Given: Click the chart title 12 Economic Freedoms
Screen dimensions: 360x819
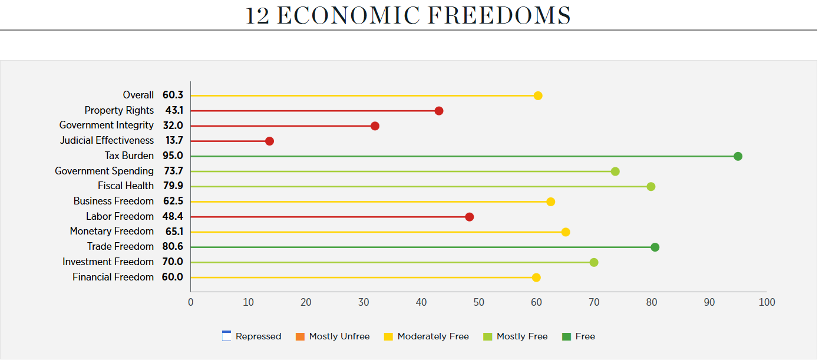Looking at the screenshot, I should [408, 15].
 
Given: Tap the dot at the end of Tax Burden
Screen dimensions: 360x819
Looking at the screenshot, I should [738, 156].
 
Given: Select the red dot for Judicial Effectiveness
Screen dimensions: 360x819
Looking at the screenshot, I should [269, 141].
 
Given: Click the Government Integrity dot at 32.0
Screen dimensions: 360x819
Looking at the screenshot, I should [375, 126].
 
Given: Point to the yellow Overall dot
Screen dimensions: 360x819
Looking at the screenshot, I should [538, 95].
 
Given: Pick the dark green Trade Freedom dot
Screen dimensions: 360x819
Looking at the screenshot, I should [655, 247].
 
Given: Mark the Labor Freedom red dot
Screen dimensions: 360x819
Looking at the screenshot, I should [469, 217].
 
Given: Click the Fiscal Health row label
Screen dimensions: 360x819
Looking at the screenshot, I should [126, 186].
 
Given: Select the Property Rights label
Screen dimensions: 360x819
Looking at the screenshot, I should [119, 110].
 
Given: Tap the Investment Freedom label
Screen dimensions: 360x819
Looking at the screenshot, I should [108, 262].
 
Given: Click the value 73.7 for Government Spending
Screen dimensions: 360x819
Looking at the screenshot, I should [173, 171].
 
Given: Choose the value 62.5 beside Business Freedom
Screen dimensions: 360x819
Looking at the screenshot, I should [173, 202].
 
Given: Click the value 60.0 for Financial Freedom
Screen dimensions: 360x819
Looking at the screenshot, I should [173, 277].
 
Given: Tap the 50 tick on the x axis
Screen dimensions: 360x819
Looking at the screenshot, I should [478, 302].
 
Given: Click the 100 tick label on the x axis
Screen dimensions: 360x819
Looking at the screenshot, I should [767, 302].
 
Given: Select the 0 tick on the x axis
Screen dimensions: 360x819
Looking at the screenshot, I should [190, 302].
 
